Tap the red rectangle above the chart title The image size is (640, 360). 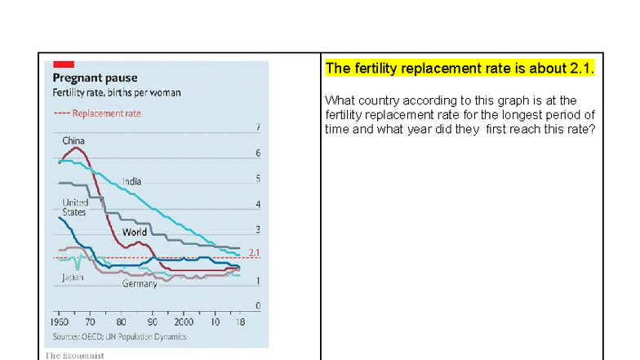coord(64,64)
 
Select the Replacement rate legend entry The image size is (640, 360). coord(97,113)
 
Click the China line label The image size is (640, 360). coord(73,141)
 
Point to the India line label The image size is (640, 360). coord(132,180)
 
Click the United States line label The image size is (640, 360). coord(74,207)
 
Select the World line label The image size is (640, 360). coord(135,233)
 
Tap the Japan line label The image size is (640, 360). coord(73,278)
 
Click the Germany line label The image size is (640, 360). coord(140,284)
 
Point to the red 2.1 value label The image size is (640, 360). coord(253,253)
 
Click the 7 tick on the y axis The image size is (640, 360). coord(258,128)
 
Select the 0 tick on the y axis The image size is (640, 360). coord(258,305)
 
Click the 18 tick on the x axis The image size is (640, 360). coord(239,322)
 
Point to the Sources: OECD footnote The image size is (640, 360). coord(119,336)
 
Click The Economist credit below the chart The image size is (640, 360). coord(74,355)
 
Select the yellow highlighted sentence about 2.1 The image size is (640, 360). coord(460,69)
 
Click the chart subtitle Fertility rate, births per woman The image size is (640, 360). coord(117,93)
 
